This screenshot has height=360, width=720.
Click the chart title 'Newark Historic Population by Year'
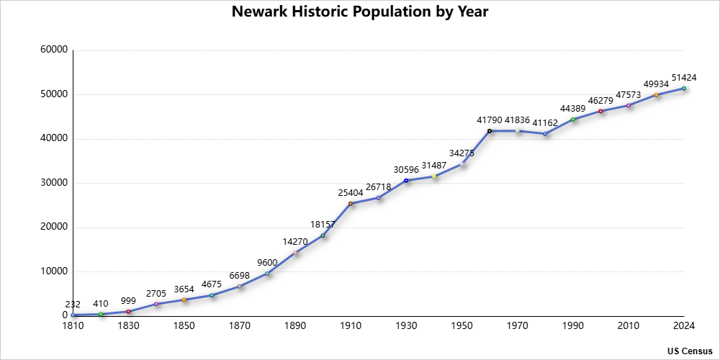click(360, 12)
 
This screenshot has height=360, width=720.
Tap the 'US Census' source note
click(690, 351)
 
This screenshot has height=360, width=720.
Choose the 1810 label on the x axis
click(73, 326)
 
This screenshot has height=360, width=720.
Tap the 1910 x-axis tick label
click(351, 326)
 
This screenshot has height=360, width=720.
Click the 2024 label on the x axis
click(683, 326)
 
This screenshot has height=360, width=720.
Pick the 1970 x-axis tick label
click(517, 326)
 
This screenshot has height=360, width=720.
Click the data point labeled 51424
click(684, 89)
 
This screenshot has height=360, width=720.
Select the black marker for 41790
click(490, 131)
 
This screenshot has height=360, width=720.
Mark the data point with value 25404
click(351, 204)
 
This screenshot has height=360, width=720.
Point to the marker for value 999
click(129, 311)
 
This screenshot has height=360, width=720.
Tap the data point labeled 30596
click(406, 181)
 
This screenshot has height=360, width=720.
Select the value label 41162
click(545, 122)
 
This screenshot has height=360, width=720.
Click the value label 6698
click(240, 275)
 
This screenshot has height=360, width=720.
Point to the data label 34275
click(462, 153)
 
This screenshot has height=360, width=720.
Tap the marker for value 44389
click(573, 120)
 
